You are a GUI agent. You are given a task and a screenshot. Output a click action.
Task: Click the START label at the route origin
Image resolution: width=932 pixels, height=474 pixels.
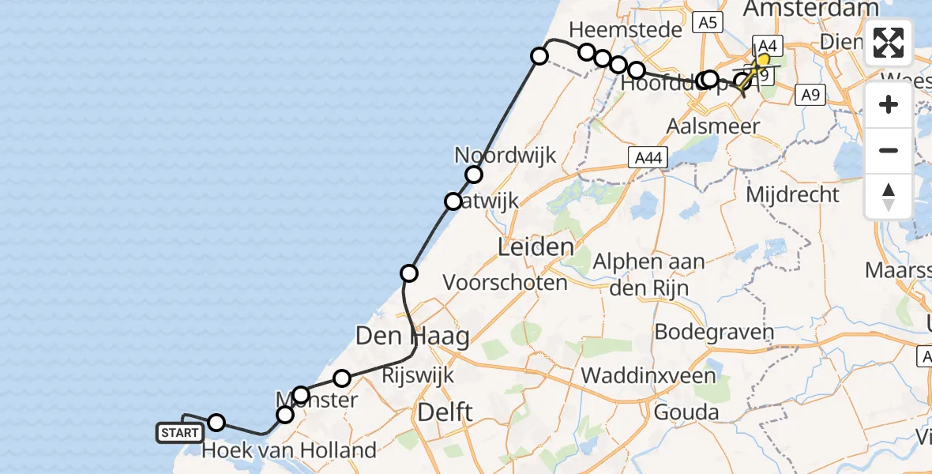pyautogui.click(x=180, y=433)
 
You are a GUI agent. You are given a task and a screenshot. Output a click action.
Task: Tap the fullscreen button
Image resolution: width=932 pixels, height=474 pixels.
pyautogui.click(x=889, y=43)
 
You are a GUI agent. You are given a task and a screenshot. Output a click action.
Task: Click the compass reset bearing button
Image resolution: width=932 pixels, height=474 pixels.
pyautogui.click(x=889, y=197)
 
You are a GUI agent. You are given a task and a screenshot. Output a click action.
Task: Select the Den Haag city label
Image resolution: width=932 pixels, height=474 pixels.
pyautogui.click(x=412, y=336)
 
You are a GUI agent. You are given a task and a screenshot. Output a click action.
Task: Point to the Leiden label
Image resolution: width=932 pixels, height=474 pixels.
pyautogui.click(x=536, y=247)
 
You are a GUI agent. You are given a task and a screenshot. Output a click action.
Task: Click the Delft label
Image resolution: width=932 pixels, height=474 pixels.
pyautogui.click(x=445, y=412)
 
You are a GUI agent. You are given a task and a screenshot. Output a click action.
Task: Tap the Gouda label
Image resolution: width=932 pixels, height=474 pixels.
pyautogui.click(x=686, y=412)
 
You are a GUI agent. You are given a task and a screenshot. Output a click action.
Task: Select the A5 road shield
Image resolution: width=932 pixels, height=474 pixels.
pyautogui.click(x=707, y=23)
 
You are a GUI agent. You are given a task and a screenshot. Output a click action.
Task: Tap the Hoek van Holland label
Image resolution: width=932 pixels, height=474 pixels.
pyautogui.click(x=289, y=451)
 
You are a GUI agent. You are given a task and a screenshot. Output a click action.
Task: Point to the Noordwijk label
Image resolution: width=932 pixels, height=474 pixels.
pyautogui.click(x=505, y=155)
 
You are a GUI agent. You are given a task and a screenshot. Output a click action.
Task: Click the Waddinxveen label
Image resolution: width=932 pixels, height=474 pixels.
pyautogui.click(x=648, y=374)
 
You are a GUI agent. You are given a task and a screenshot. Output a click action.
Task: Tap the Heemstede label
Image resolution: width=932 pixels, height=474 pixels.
pyautogui.click(x=625, y=30)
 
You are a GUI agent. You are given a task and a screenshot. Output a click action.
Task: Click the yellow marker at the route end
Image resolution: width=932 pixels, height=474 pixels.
pyautogui.click(x=763, y=60)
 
